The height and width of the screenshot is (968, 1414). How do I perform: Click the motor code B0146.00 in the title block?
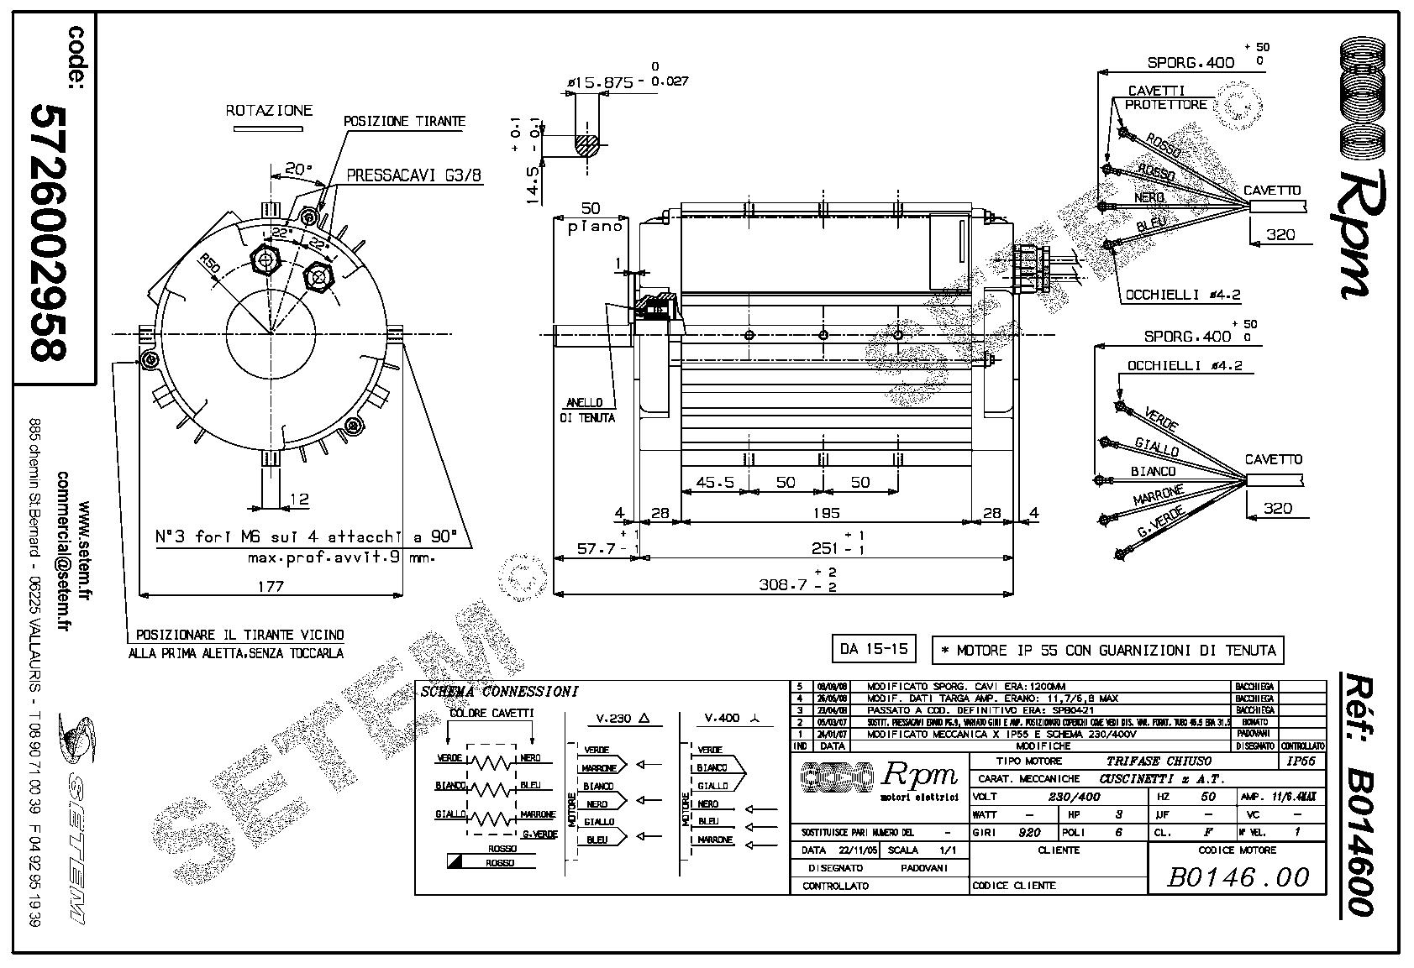coord(1238,877)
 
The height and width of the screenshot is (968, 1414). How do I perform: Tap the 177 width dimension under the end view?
coord(270,587)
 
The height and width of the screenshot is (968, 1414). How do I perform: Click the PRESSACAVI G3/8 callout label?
coord(408,176)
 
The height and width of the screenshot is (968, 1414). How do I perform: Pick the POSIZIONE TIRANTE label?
coord(404,122)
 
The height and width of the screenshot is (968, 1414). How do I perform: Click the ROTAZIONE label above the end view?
coord(269,110)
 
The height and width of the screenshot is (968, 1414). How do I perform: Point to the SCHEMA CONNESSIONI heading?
coord(499,693)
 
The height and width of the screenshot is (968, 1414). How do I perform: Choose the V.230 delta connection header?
coord(623,719)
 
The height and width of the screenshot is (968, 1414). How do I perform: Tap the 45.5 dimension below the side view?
coord(715,483)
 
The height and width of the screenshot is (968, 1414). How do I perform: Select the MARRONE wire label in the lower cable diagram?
coord(1158,494)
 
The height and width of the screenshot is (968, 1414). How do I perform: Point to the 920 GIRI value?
coord(1029,832)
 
